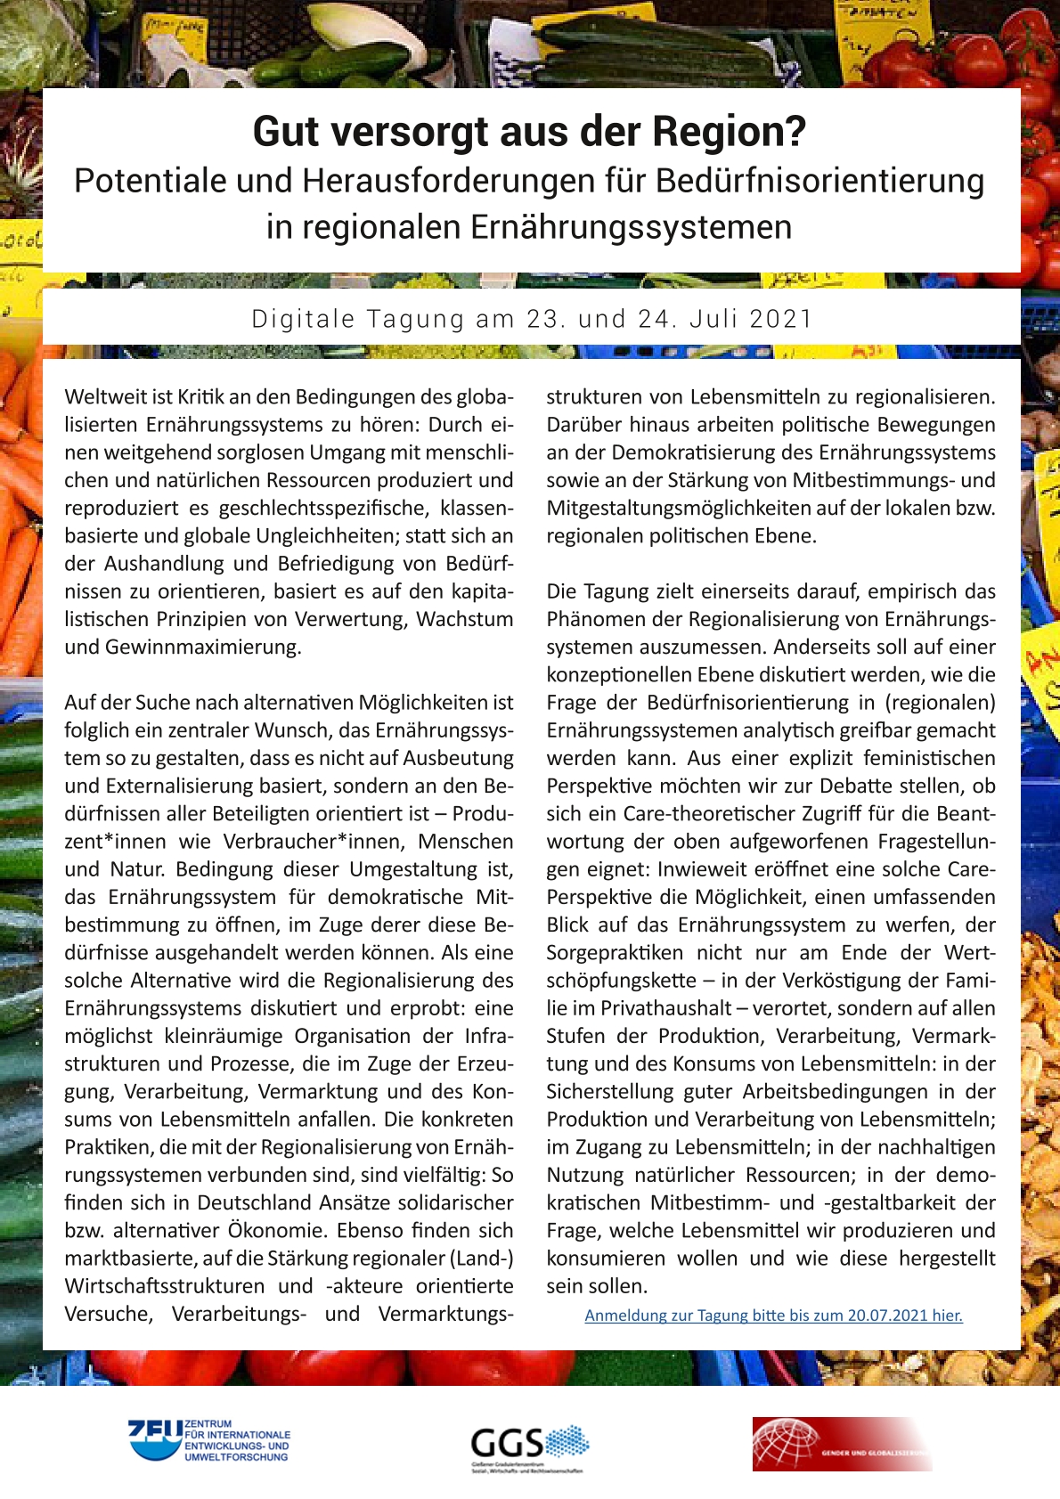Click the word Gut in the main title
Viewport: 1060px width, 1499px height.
click(282, 132)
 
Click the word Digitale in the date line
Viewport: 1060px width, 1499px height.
click(304, 319)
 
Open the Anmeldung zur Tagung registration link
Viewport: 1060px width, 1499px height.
click(773, 1316)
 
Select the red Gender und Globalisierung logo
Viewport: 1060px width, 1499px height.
click(841, 1444)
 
